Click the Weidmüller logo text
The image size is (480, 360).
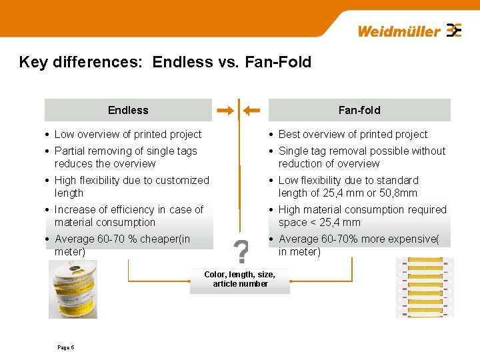[399, 31]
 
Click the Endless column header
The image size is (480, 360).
[128, 110]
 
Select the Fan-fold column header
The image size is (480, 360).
[359, 110]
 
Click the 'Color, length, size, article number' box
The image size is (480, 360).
[240, 279]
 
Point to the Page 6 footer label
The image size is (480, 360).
[66, 347]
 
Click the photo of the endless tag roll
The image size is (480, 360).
[73, 288]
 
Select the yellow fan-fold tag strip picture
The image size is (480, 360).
[425, 287]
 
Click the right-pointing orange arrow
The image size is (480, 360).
[225, 110]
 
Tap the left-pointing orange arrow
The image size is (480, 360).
[251, 110]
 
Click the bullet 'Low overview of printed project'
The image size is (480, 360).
[128, 134]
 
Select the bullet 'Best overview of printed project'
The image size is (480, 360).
[353, 134]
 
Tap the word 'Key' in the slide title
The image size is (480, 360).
[33, 62]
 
